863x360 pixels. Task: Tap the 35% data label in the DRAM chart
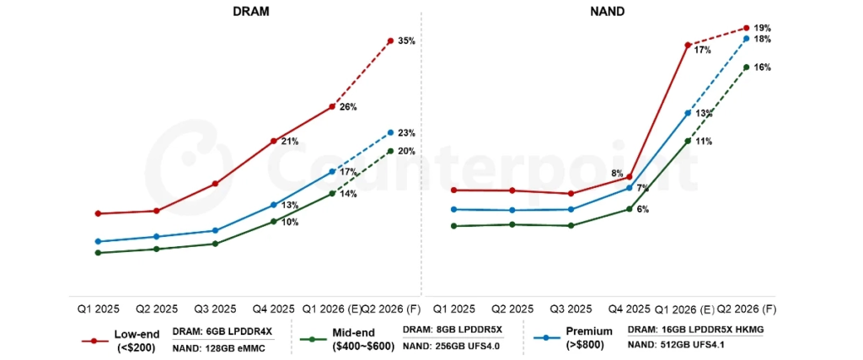[x=406, y=41]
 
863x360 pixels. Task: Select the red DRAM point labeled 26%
[x=332, y=106]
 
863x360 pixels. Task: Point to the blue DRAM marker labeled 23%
[x=390, y=132]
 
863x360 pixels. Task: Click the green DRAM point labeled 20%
[x=390, y=151]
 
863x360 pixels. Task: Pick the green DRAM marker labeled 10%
[x=274, y=222]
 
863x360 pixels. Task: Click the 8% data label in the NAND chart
[x=617, y=174]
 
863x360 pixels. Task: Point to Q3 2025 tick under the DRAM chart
[x=215, y=309]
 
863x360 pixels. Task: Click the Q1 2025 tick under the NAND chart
[x=454, y=309]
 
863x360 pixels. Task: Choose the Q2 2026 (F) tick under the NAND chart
[x=747, y=309]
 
